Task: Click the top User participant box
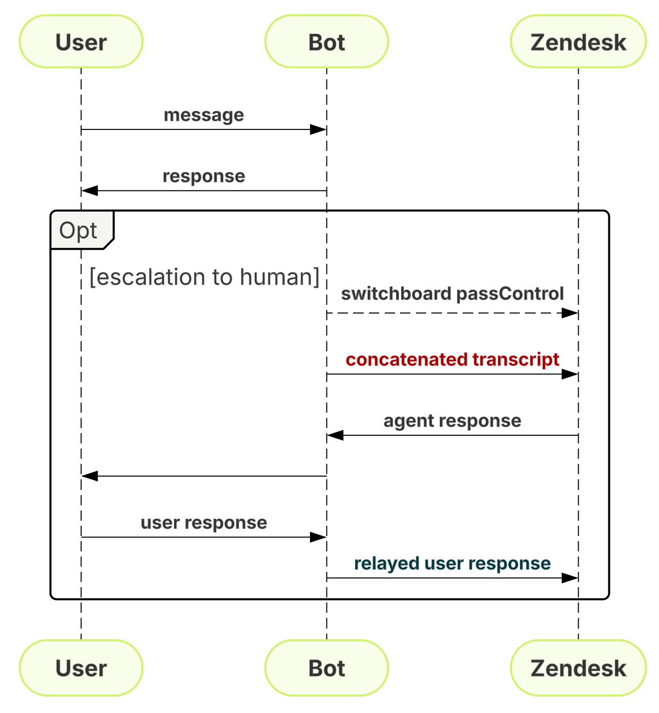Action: click(x=81, y=41)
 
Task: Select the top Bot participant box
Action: click(x=326, y=41)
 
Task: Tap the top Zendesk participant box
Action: click(x=578, y=41)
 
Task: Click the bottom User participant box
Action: click(x=81, y=667)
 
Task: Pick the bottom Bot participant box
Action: click(x=326, y=667)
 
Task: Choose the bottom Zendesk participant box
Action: click(x=578, y=667)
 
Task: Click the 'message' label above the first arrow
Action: click(x=204, y=115)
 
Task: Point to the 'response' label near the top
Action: click(x=204, y=176)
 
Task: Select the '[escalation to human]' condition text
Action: click(x=204, y=277)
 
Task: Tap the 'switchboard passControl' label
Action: click(x=452, y=294)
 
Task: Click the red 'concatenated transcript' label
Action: click(x=452, y=360)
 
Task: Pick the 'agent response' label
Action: click(x=452, y=420)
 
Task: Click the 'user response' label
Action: click(x=204, y=522)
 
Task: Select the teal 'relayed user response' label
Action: click(x=452, y=563)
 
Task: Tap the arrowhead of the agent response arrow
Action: click(x=336, y=435)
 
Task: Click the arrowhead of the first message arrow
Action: click(x=318, y=129)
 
